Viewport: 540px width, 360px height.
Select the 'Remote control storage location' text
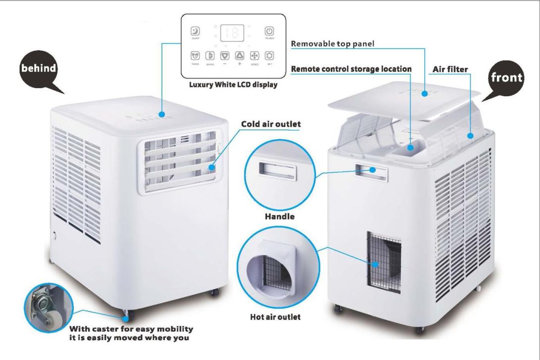point(350,69)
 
